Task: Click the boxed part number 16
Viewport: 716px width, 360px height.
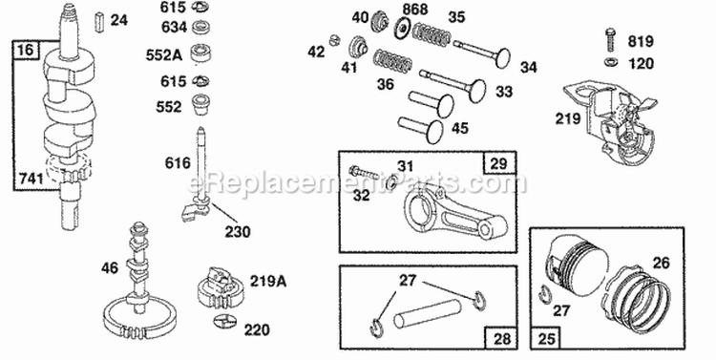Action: [24, 49]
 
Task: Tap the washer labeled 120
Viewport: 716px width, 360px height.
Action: [609, 63]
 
